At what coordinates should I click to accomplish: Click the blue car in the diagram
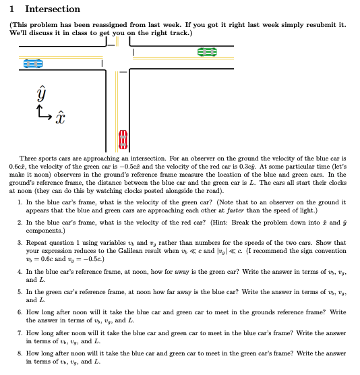pos(33,62)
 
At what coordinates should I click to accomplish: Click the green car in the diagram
pos(207,51)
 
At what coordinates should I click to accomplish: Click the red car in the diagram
pos(122,138)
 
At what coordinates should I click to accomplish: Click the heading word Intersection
pos(52,9)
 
